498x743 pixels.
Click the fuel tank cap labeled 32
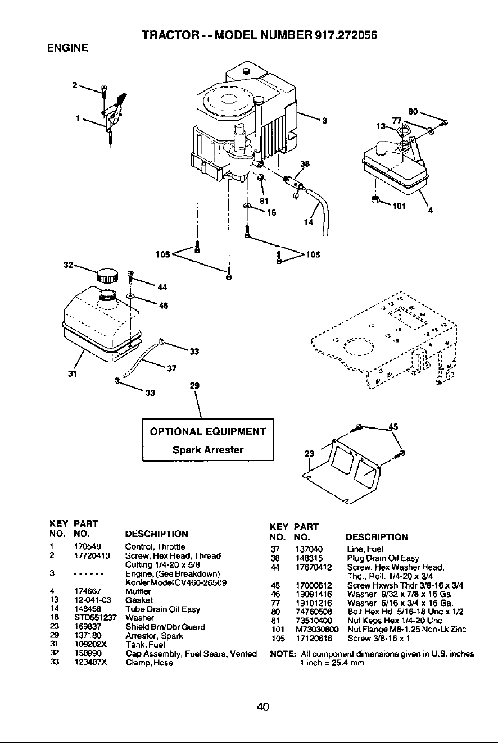tap(107, 276)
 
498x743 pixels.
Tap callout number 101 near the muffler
tap(399, 206)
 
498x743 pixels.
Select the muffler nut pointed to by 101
tap(375, 200)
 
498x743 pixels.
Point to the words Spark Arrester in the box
tap(208, 450)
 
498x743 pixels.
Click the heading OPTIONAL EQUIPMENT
tap(208, 431)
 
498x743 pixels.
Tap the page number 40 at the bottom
tap(263, 706)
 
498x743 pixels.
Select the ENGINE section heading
tap(67, 48)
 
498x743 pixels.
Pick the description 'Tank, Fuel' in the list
tap(145, 645)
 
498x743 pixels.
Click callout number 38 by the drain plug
tap(305, 163)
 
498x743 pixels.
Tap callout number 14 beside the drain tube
tap(309, 222)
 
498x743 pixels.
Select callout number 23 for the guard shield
tap(310, 453)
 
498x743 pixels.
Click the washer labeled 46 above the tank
tap(130, 295)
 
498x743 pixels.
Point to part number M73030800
tap(317, 630)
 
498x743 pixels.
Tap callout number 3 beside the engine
tap(325, 121)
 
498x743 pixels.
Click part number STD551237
tap(96, 617)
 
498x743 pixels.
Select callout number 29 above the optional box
tap(194, 386)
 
